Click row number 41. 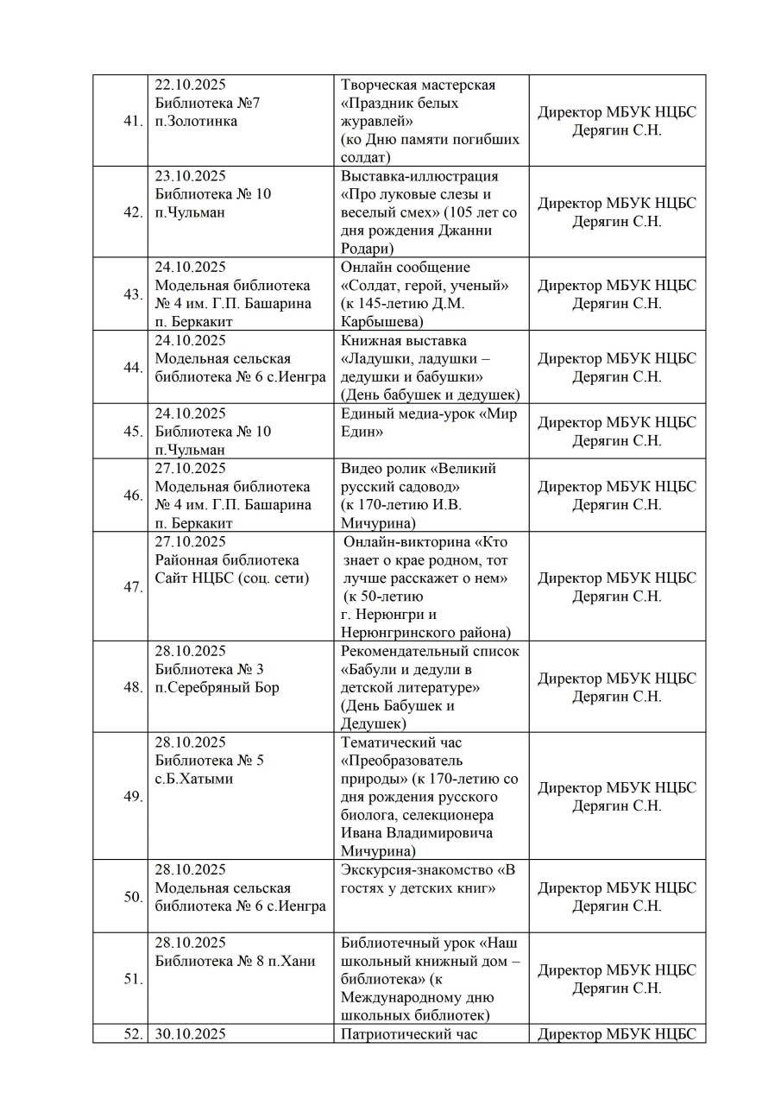(132, 121)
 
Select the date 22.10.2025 (190, 85)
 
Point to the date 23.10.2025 (190, 176)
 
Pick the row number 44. (132, 368)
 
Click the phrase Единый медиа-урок (405, 414)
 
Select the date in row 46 (190, 469)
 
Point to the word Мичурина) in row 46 (381, 523)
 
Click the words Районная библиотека (227, 560)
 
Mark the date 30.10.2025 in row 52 (190, 1033)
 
